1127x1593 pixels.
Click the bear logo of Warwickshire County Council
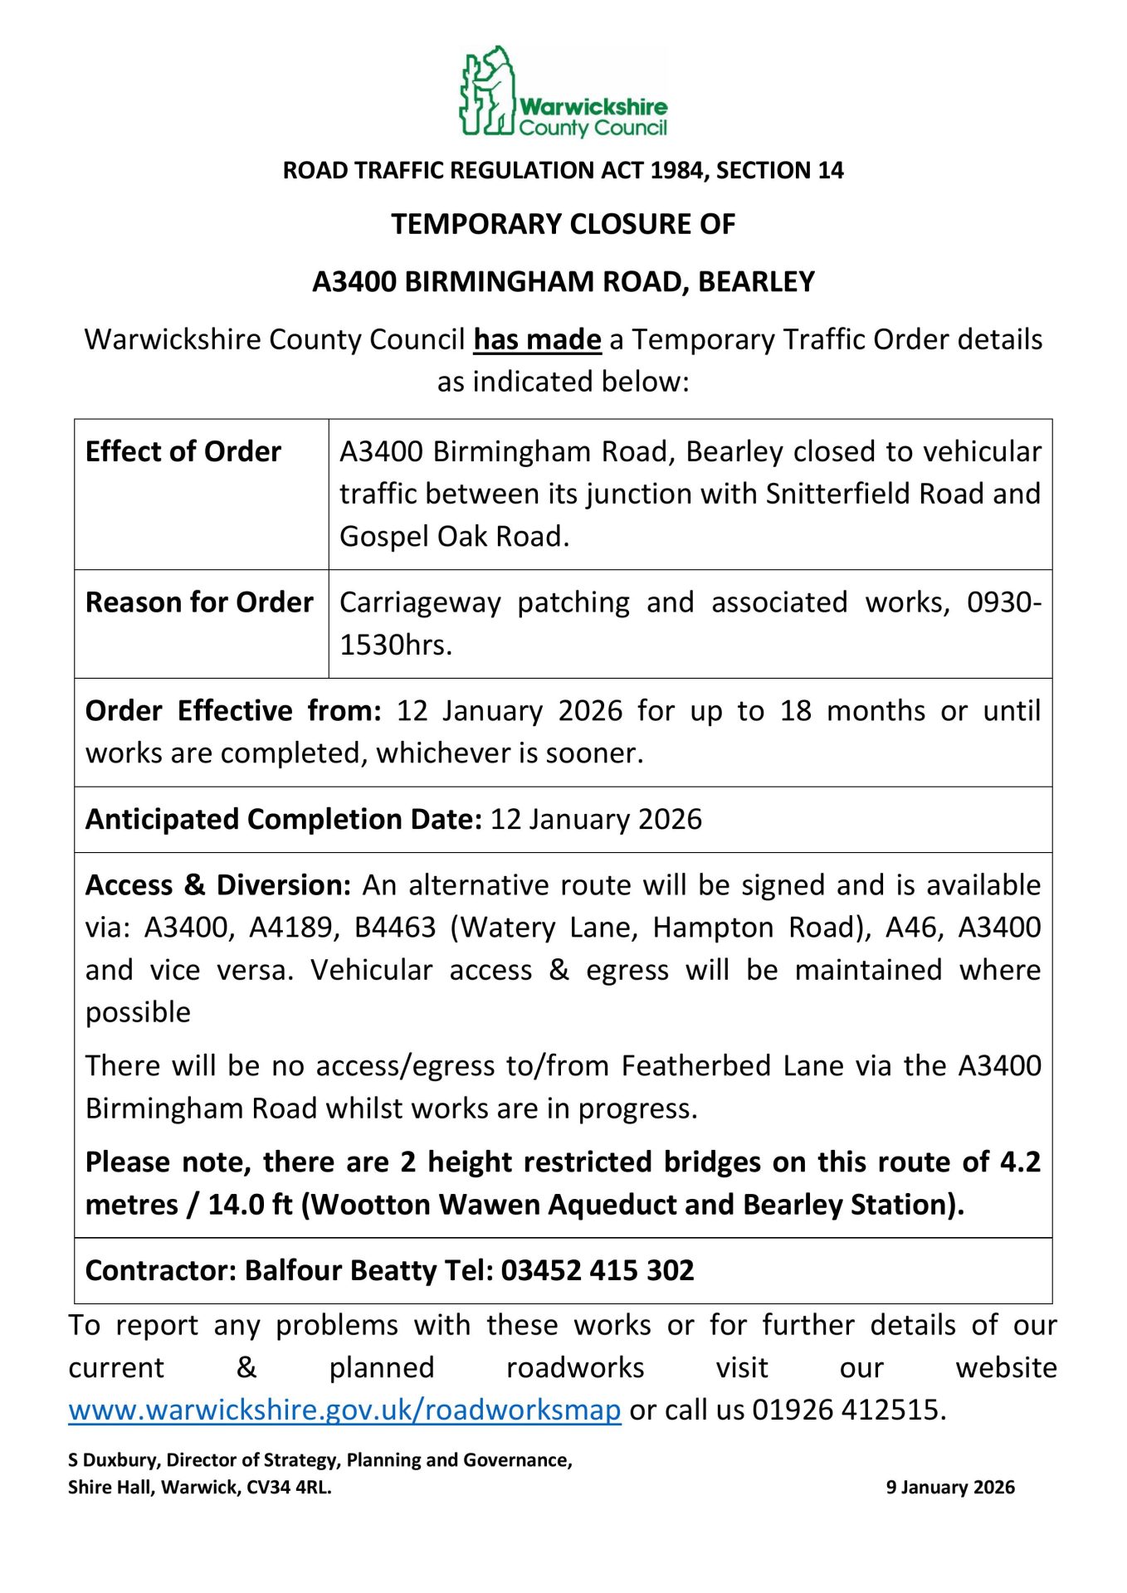tap(488, 91)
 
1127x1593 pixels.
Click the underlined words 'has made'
tap(537, 340)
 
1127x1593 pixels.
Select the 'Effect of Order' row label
tap(183, 452)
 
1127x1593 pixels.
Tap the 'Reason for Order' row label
tap(199, 602)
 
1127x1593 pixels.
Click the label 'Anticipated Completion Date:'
tap(283, 820)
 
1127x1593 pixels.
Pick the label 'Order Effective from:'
tap(233, 711)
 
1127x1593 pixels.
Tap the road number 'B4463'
tap(395, 928)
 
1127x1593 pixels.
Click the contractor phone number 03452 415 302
tap(598, 1271)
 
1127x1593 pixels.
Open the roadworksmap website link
tap(344, 1410)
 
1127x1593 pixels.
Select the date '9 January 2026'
tap(950, 1488)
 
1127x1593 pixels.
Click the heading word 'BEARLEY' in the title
tap(756, 282)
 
